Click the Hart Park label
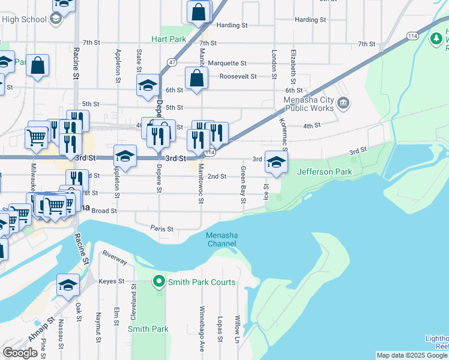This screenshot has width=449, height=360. [169, 39]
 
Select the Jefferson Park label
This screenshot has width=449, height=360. [325, 172]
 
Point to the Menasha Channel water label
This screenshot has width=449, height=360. [222, 239]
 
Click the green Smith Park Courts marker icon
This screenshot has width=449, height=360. [159, 281]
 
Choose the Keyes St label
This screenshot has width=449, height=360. [111, 281]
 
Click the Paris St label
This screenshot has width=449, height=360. [161, 229]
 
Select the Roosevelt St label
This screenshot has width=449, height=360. [238, 77]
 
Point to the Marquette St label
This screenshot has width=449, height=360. [227, 63]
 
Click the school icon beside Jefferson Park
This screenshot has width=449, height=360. [276, 162]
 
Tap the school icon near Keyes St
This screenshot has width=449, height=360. [68, 285]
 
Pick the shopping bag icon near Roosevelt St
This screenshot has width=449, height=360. [196, 78]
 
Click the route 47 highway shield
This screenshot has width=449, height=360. [172, 62]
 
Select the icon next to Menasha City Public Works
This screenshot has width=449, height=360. [343, 103]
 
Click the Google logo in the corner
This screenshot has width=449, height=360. [20, 352]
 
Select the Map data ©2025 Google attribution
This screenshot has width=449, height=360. [412, 355]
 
